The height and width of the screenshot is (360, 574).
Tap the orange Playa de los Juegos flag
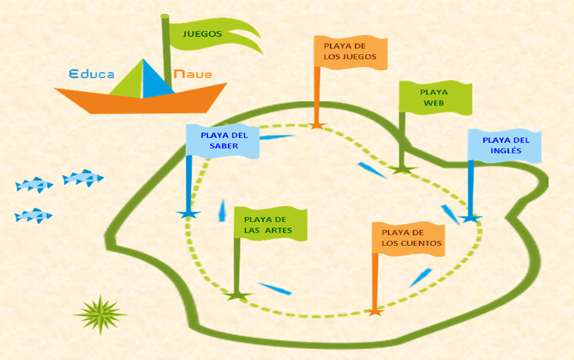pos(350,52)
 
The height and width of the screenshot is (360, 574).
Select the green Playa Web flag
pos(435,98)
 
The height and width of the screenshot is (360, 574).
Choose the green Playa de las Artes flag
pos(270,225)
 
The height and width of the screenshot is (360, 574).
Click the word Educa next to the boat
pos(92,74)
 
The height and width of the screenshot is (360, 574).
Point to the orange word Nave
pos(193,74)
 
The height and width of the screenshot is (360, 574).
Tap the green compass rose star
pos(100,314)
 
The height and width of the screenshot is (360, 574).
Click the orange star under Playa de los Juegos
pos(317,125)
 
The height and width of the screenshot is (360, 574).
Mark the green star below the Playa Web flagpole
pos(402,170)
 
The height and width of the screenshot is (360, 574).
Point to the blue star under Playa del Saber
pos(188,214)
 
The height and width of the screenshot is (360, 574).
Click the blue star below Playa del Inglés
pos(470,219)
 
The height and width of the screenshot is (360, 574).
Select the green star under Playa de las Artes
pos(237,296)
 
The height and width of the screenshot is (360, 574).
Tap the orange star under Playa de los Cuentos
pos(374,311)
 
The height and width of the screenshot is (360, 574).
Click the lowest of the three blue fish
pos(33,216)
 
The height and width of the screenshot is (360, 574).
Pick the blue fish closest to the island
pos(83,178)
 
